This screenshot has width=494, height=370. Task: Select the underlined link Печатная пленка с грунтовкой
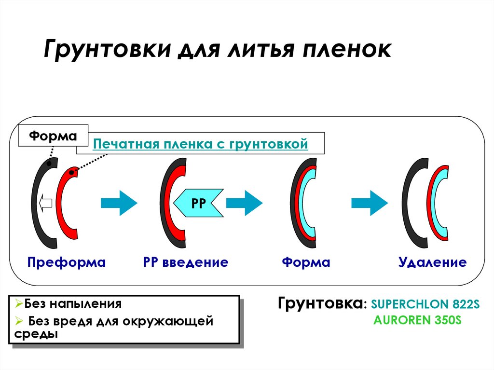click(200, 144)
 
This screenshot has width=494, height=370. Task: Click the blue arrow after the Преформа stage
click(119, 203)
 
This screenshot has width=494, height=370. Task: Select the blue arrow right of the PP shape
click(244, 203)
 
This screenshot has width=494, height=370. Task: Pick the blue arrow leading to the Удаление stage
click(370, 203)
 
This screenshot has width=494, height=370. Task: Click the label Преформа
click(67, 262)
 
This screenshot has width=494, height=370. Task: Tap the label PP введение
click(185, 262)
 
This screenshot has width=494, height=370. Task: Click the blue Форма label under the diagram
click(306, 262)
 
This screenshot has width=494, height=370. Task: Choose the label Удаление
click(432, 262)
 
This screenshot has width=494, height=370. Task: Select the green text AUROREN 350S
click(417, 320)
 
